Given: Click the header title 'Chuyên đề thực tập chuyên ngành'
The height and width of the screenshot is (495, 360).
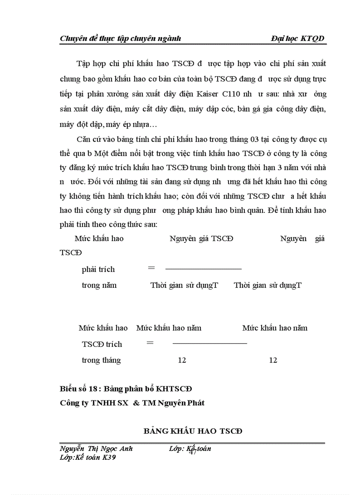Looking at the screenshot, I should [120, 38].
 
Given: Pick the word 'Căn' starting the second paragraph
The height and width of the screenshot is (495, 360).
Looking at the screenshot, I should [83, 140].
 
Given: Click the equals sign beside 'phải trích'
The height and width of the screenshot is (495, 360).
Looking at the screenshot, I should [151, 268].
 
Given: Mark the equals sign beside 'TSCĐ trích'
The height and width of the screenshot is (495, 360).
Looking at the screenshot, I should [150, 342].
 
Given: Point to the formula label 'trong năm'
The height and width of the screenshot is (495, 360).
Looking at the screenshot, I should [99, 285].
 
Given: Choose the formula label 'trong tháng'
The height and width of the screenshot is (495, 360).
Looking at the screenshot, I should [101, 360].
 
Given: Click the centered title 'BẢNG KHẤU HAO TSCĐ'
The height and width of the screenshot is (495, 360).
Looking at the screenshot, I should [193, 431].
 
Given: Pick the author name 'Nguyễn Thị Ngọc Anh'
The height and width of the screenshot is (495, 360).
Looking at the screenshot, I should [96, 449].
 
